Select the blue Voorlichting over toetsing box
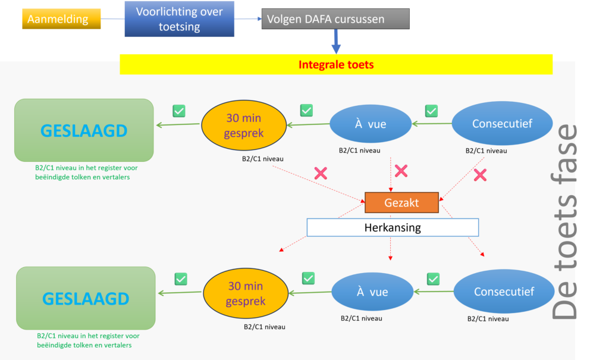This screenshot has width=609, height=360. click(180, 19)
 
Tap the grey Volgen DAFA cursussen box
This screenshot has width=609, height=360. click(335, 19)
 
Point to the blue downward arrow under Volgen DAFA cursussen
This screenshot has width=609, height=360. click(336, 42)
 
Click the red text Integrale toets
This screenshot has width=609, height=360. click(336, 64)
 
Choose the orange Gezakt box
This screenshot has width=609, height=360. click(401, 203)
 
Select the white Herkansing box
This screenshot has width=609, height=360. click(393, 227)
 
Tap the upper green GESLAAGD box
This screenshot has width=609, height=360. click(84, 130)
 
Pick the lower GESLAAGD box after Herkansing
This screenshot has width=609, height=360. click(86, 298)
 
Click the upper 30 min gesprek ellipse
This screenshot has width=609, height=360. click(244, 126)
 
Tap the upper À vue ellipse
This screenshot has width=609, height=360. click(371, 124)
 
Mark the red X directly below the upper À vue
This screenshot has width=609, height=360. click(401, 171)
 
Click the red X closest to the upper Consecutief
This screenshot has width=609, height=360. click(479, 175)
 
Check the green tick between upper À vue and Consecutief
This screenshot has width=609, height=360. click(431, 111)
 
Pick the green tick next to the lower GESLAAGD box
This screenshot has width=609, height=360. click(181, 278)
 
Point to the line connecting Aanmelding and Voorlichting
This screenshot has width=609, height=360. click(112, 19)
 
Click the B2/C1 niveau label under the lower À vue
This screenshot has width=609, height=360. click(362, 318)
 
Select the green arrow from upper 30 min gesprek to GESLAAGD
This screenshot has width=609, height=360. click(178, 125)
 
